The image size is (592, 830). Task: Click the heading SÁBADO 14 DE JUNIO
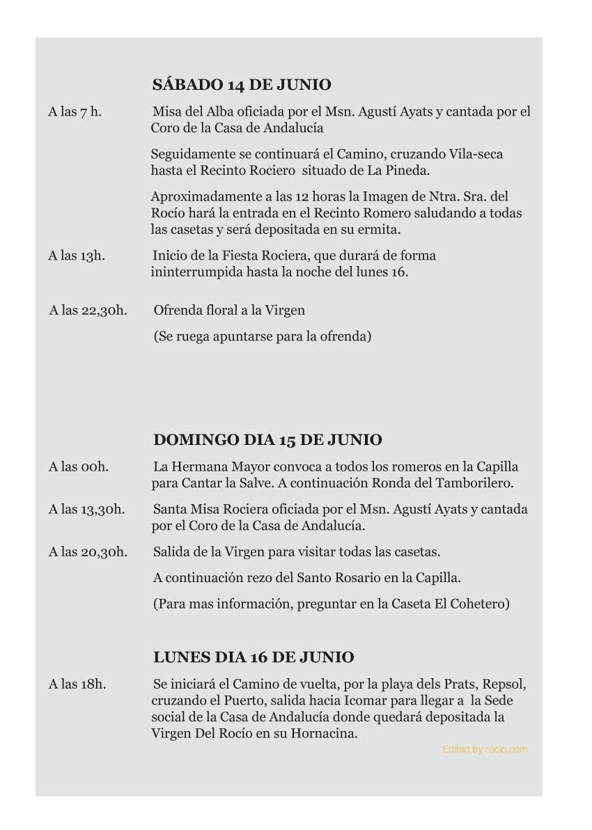(241, 86)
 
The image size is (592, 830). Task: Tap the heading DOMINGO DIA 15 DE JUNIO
(267, 440)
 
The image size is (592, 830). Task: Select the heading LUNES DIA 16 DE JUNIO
(253, 657)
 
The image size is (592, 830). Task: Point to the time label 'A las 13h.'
(77, 256)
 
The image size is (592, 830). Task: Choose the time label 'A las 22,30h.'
(88, 311)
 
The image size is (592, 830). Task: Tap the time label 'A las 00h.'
(78, 467)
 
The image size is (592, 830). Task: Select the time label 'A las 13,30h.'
(87, 510)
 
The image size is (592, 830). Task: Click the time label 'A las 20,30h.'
(88, 552)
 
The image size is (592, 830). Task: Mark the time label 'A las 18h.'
(77, 684)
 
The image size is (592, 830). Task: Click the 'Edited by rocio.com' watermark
(485, 749)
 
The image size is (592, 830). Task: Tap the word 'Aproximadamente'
(205, 197)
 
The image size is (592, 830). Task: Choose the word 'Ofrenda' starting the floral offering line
(176, 311)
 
